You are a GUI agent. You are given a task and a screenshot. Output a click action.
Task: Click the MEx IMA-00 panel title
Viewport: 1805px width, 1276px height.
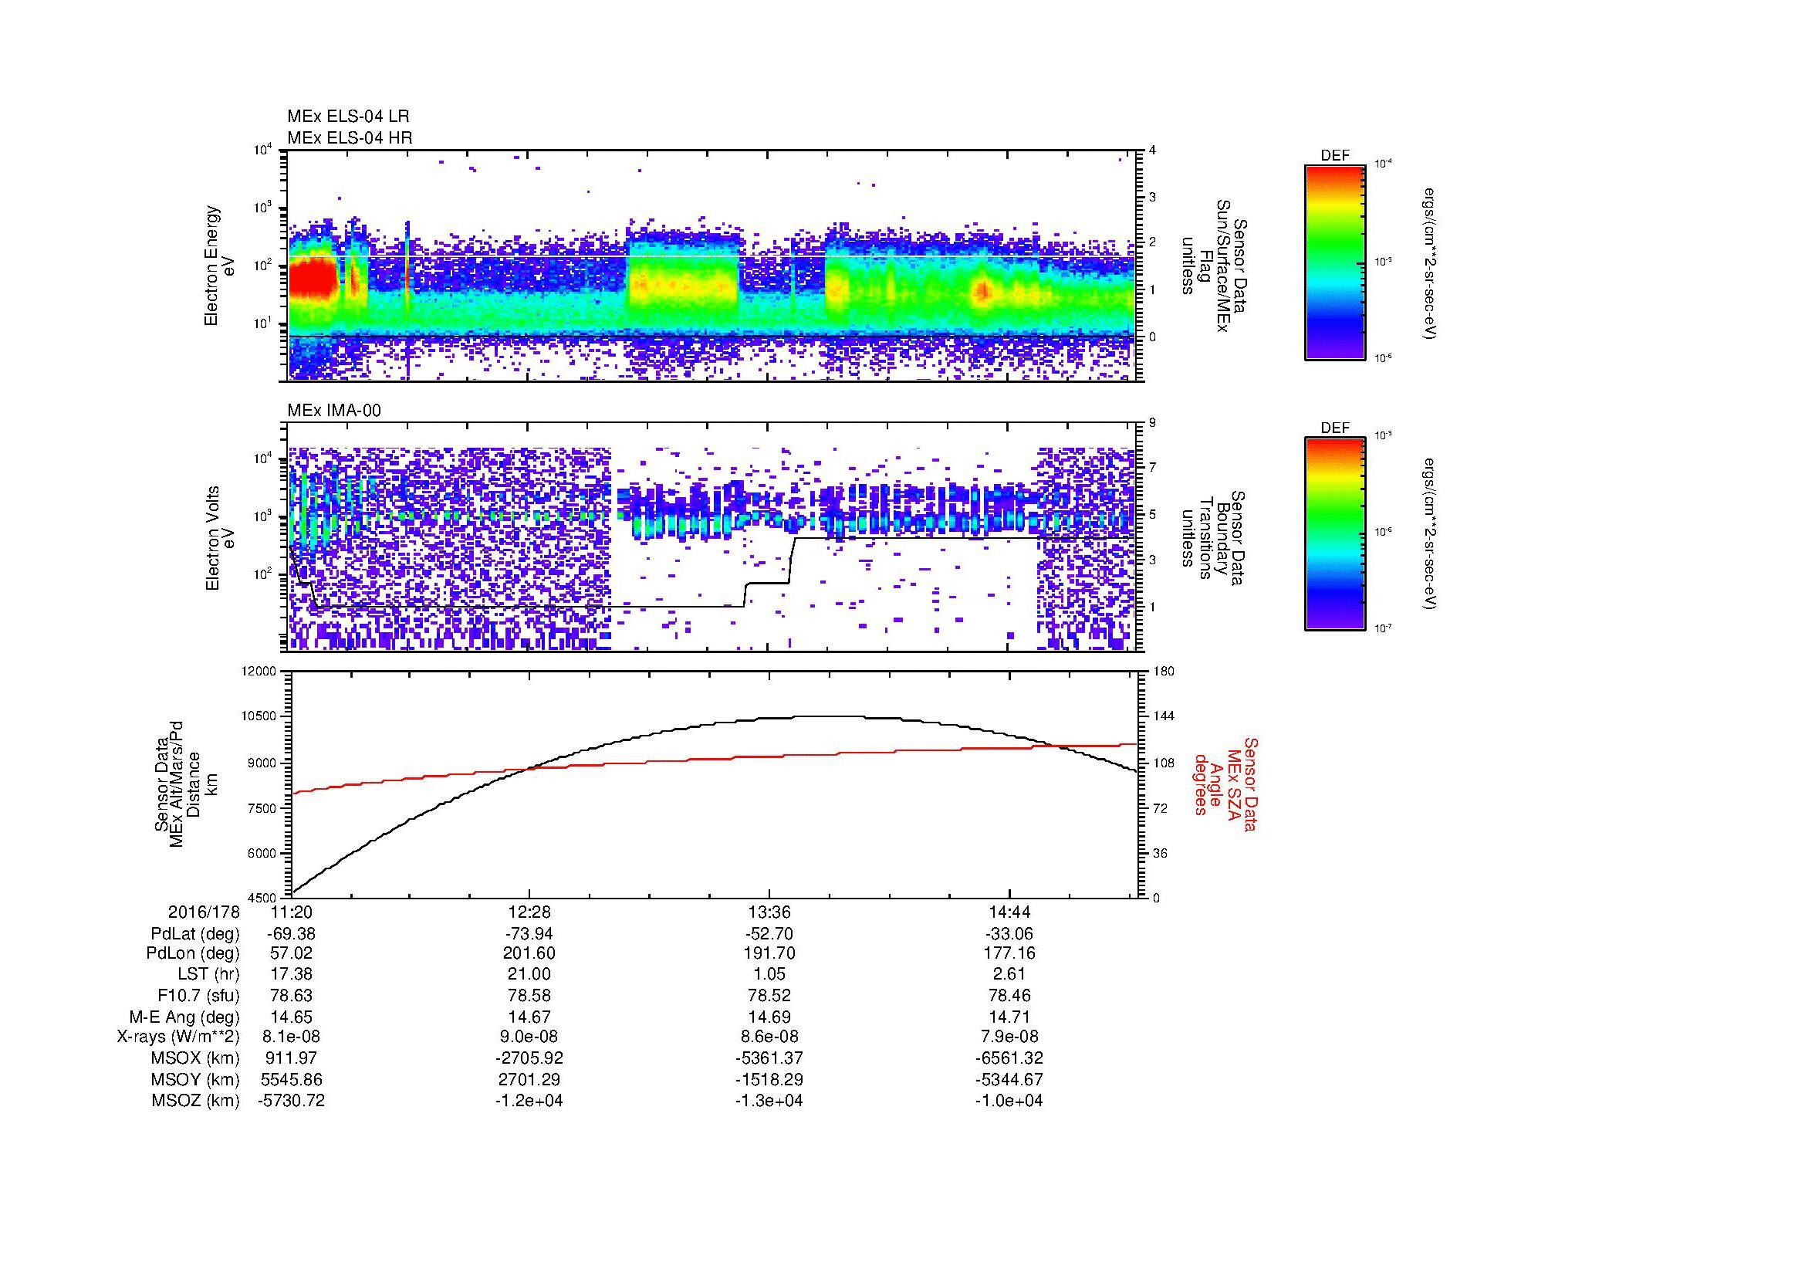pos(333,411)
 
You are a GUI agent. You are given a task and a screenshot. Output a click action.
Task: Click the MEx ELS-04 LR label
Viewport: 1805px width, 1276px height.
pos(347,117)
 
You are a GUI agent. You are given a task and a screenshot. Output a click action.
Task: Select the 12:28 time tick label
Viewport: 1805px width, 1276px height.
pos(529,912)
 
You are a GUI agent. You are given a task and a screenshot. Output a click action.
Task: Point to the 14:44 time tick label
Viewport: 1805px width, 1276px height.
pos(1009,912)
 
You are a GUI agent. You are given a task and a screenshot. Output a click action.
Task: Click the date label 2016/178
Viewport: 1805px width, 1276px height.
pos(204,912)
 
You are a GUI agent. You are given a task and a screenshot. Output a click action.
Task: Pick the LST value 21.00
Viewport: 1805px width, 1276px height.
pos(529,974)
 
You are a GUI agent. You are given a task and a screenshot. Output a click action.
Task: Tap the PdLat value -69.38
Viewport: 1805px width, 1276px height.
pos(291,934)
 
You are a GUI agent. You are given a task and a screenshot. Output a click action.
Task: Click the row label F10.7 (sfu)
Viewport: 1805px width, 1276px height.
pos(198,995)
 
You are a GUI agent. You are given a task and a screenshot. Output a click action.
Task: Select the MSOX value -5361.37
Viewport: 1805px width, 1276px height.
pos(769,1058)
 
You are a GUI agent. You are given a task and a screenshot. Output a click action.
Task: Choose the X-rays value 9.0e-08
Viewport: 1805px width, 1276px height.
pos(529,1037)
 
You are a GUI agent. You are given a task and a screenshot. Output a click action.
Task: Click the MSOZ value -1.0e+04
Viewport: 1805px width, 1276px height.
pos(1009,1101)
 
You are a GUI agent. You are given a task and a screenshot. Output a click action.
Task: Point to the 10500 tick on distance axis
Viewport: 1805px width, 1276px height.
pos(260,716)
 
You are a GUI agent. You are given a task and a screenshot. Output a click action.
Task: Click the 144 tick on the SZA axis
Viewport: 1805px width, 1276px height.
pos(1164,716)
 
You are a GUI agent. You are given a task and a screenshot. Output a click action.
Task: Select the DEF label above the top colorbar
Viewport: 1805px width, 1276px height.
pos(1334,156)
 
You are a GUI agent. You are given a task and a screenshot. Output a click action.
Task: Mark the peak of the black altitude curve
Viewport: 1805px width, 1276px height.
pos(817,716)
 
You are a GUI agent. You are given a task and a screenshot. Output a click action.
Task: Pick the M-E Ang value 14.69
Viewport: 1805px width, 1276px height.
pos(769,1017)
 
